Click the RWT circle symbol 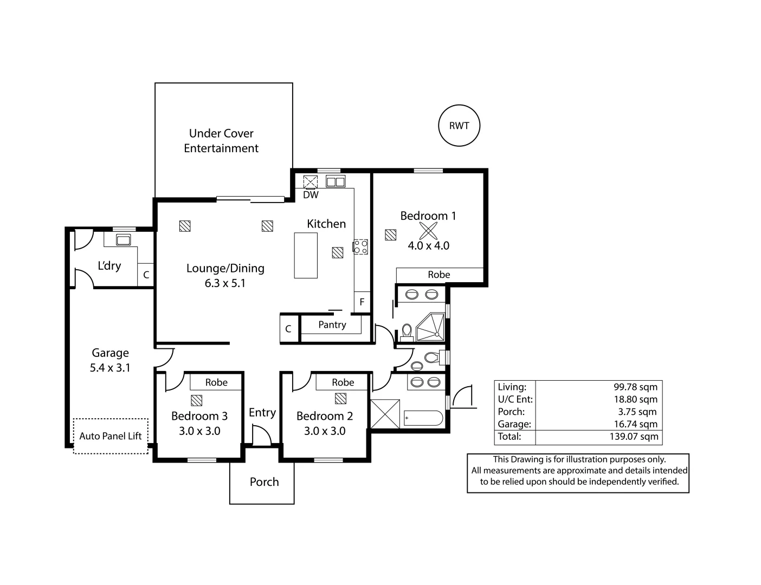[x=459, y=126]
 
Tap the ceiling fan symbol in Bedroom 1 [x=428, y=231]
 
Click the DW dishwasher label [x=311, y=195]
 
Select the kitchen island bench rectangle [x=306, y=255]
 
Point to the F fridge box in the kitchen [x=362, y=302]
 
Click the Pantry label [x=332, y=324]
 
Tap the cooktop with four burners [x=360, y=247]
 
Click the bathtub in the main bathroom [x=423, y=418]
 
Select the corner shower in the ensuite [x=433, y=327]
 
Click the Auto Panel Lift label [x=111, y=436]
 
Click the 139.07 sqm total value [x=634, y=437]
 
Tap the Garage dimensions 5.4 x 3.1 [x=110, y=368]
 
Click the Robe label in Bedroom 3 [x=216, y=382]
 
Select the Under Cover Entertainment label [x=221, y=141]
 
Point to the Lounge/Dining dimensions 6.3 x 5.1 [x=225, y=283]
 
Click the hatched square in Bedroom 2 [x=340, y=399]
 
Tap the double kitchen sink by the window [x=335, y=181]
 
